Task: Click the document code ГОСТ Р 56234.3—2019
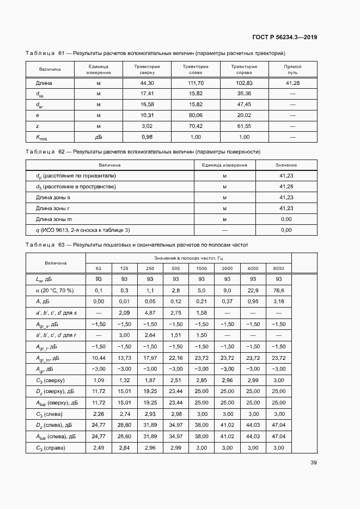click(285, 38)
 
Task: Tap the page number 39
click(314, 463)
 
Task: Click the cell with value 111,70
click(196, 83)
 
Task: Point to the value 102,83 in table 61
click(244, 83)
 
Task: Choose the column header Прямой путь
click(292, 69)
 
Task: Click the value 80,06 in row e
click(196, 115)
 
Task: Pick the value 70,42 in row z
click(196, 126)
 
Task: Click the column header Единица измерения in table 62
click(224, 165)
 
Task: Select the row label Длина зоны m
click(57, 219)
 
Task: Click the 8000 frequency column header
click(278, 268)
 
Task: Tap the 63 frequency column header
click(99, 268)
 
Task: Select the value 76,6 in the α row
click(278, 290)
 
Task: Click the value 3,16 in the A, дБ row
click(278, 301)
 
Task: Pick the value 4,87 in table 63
click(150, 314)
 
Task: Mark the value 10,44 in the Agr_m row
click(99, 358)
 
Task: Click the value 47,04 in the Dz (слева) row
click(278, 425)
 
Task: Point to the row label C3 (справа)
click(51, 447)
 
